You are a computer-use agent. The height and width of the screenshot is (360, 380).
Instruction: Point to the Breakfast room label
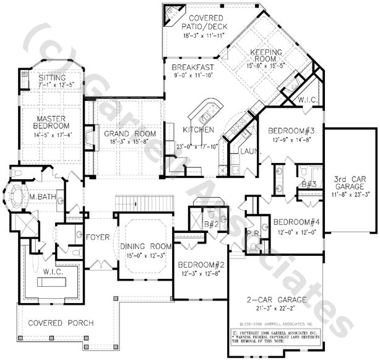[x=194, y=68]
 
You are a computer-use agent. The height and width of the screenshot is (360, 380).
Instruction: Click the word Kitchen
[x=198, y=130]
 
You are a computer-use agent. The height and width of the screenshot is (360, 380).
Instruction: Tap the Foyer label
[x=98, y=236]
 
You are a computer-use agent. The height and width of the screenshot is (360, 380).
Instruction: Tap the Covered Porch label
[x=61, y=323]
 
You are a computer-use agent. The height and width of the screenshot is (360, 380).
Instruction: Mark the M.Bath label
[x=41, y=198]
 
